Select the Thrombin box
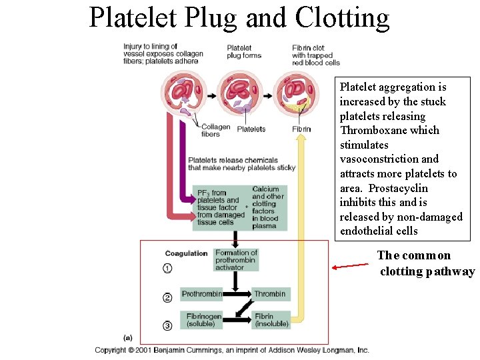pyautogui.click(x=270, y=294)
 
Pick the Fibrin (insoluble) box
pyautogui.click(x=271, y=320)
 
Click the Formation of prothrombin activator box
pyautogui.click(x=236, y=260)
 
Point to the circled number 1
pyautogui.click(x=167, y=268)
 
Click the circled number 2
pyautogui.click(x=167, y=297)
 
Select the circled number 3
pyautogui.click(x=167, y=325)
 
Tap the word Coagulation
pyautogui.click(x=187, y=253)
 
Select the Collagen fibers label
pyautogui.click(x=215, y=130)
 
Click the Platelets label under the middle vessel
pyautogui.click(x=251, y=129)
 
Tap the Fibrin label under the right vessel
pyautogui.click(x=301, y=129)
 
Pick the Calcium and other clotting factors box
pyautogui.click(x=268, y=207)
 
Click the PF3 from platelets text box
pyautogui.click(x=217, y=207)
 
